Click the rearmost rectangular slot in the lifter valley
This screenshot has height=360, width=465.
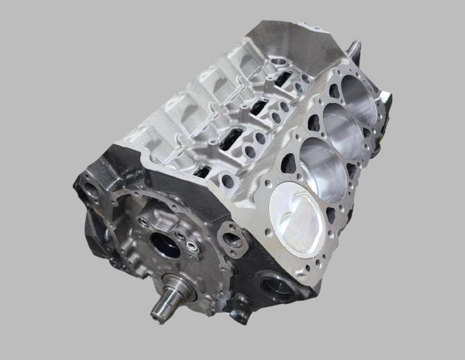(284, 79)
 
